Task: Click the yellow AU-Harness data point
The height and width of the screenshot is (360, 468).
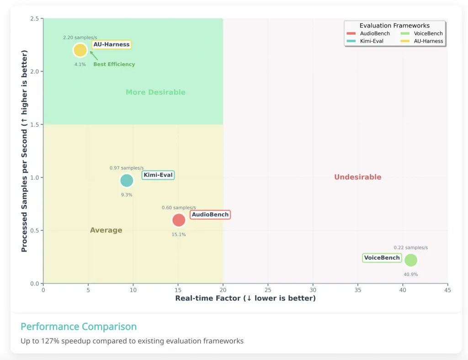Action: click(x=80, y=50)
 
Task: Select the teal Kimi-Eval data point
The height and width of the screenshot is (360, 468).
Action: click(x=127, y=181)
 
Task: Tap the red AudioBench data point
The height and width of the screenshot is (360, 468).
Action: click(x=179, y=220)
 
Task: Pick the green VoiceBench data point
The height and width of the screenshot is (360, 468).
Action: click(x=411, y=260)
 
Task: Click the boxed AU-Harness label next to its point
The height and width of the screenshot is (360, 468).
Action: click(x=112, y=44)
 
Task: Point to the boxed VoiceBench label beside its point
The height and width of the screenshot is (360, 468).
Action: click(x=382, y=258)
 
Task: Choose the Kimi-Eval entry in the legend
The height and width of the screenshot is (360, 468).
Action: click(x=371, y=41)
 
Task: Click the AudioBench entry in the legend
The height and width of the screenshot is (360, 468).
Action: click(x=375, y=33)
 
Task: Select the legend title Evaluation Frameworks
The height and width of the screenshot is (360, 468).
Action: click(x=394, y=26)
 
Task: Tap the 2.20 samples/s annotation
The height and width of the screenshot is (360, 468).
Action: click(x=80, y=38)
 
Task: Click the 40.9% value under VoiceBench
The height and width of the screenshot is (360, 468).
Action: click(x=410, y=274)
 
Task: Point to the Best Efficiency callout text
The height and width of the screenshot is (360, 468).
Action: click(x=114, y=64)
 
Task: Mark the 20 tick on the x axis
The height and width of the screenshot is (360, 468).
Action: click(x=223, y=290)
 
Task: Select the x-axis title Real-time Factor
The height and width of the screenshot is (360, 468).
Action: click(x=245, y=298)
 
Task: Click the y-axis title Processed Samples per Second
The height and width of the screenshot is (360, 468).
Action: click(x=25, y=151)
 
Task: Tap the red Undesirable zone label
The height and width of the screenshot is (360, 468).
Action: click(x=357, y=177)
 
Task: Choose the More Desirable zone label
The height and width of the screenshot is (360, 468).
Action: click(x=155, y=92)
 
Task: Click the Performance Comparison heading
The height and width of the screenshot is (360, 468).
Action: click(x=79, y=327)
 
